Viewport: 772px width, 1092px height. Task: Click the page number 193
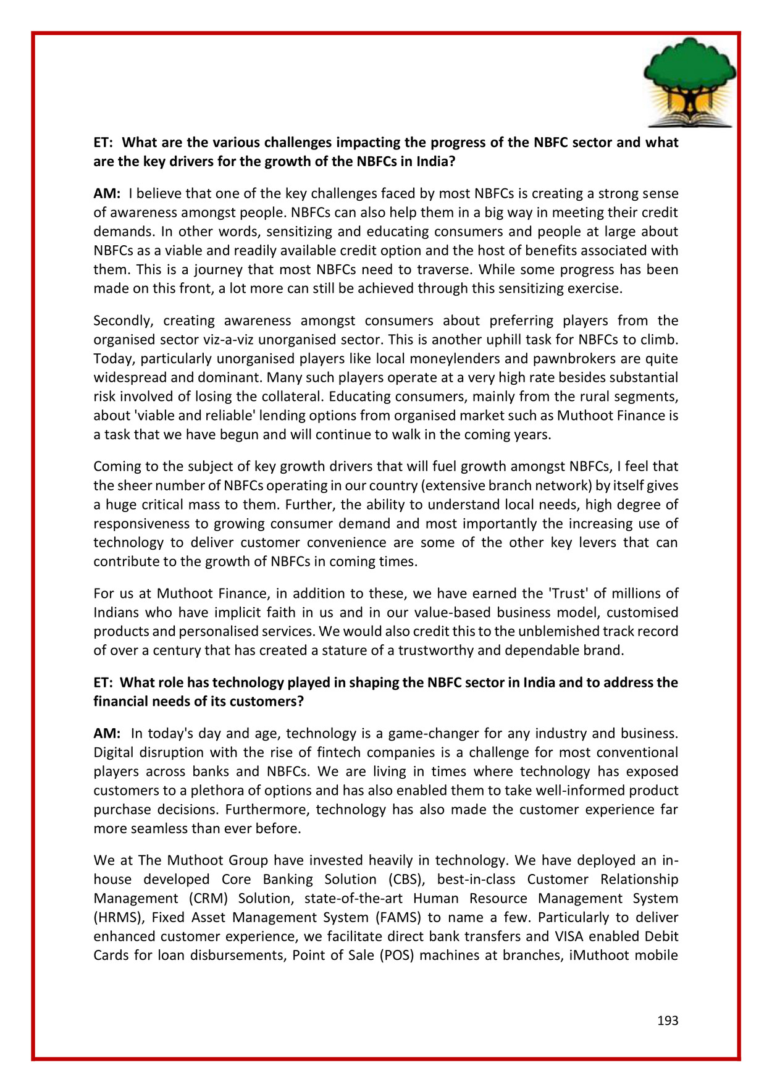(x=668, y=1020)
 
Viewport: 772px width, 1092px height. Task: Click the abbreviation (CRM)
(x=208, y=898)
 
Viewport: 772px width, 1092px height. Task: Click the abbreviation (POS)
(x=396, y=955)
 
